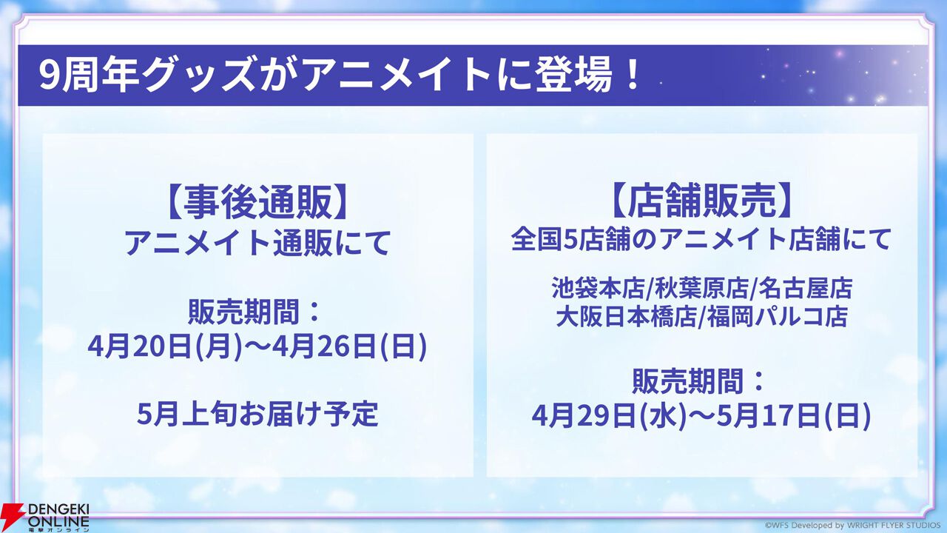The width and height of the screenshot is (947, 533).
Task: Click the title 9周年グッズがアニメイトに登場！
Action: (x=340, y=76)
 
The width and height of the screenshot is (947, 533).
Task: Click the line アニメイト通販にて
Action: (x=257, y=242)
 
